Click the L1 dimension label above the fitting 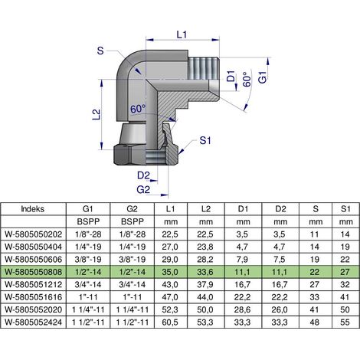182,34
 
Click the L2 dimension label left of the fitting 97,114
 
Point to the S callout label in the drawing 100,51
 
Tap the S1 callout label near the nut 205,140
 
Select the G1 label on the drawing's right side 262,77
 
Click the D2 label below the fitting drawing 143,175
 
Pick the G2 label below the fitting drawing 143,190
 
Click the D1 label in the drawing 231,76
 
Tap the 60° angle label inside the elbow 138,109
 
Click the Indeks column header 33,209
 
